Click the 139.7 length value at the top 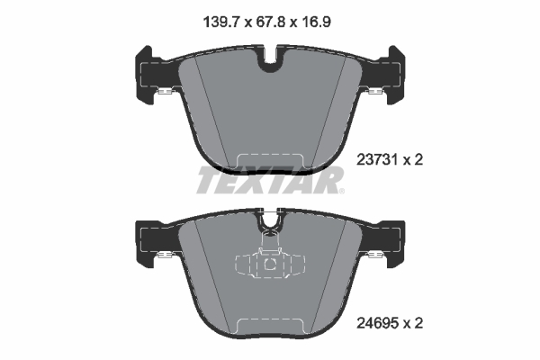pos(221,22)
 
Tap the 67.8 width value pos(270,22)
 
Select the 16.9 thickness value pos(316,22)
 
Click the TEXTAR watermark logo pos(270,179)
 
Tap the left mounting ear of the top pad pos(148,75)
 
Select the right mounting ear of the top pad pos(392,75)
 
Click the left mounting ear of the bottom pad pos(148,241)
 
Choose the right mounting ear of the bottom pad pos(392,241)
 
